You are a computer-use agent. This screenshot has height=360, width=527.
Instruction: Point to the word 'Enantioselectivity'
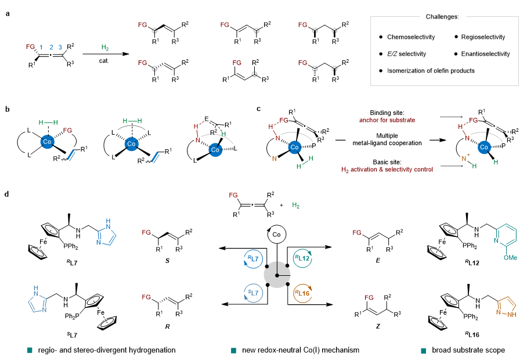(485, 54)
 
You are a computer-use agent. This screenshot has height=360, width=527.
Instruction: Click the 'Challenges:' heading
(447, 17)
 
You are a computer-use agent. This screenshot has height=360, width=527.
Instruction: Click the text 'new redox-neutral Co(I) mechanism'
(298, 350)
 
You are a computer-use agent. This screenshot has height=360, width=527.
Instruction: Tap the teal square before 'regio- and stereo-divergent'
(30, 350)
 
